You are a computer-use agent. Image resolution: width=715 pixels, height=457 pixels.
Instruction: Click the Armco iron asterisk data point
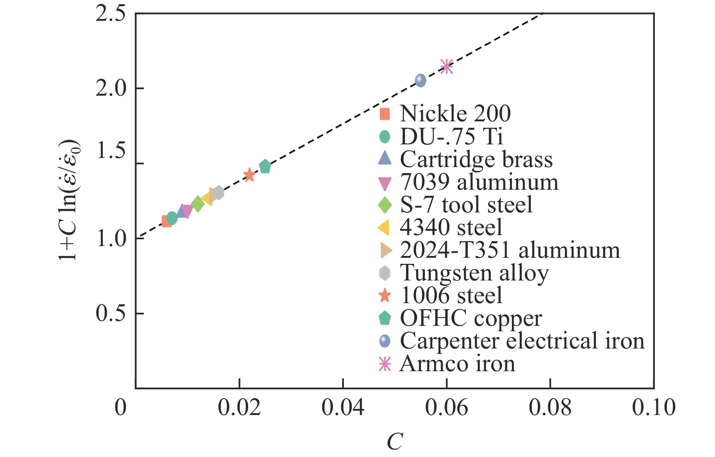(x=447, y=67)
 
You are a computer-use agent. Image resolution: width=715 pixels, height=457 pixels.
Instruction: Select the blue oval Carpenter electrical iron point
(x=420, y=80)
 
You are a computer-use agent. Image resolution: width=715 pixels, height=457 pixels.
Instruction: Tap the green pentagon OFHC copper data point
(x=265, y=166)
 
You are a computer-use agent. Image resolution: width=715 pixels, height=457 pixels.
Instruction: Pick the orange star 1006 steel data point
(x=249, y=175)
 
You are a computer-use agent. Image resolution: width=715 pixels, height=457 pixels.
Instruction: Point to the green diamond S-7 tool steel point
(x=197, y=204)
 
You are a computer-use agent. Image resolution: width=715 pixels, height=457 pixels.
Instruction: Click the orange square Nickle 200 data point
(x=166, y=221)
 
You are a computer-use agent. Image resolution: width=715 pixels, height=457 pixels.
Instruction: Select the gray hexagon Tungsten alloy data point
(x=218, y=193)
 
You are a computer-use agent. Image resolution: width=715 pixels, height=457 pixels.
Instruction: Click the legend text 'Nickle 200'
(x=455, y=114)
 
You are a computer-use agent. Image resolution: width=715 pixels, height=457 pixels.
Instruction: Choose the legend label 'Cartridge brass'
(x=476, y=159)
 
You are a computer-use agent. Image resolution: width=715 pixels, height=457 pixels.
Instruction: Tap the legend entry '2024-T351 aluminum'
(x=510, y=250)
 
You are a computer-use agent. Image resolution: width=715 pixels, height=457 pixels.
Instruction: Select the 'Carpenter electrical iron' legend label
(x=522, y=341)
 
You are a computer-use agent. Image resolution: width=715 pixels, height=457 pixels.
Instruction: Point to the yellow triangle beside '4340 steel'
(x=384, y=228)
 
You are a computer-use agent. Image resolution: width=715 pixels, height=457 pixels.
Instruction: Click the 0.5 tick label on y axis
(x=110, y=313)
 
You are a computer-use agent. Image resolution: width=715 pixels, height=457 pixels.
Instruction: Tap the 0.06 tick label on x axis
(x=446, y=408)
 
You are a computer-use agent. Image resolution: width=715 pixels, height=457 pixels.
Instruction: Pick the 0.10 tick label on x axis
(x=653, y=408)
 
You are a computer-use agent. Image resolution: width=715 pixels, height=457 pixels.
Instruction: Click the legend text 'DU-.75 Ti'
(x=452, y=136)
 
